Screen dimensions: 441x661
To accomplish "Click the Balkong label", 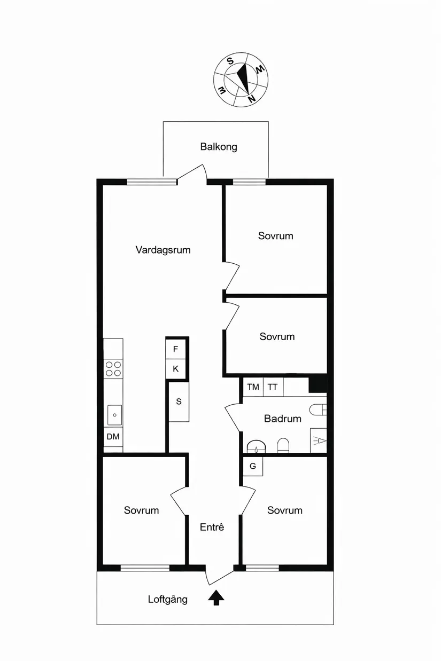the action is [x=219, y=147].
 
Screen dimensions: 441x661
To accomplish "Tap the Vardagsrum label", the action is [x=163, y=250].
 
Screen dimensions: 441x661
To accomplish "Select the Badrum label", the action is [x=283, y=419].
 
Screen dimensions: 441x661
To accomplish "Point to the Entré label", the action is [x=212, y=527].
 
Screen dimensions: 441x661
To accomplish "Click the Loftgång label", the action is [x=168, y=600].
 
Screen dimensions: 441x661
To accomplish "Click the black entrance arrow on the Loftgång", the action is [x=216, y=597].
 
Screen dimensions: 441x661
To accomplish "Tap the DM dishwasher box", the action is [x=113, y=437].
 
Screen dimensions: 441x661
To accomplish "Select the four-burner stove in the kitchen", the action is [x=113, y=369].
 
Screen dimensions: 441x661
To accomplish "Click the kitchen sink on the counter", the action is [x=114, y=415].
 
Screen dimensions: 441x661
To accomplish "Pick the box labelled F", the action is [x=175, y=349].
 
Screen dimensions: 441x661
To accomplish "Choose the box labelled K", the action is [x=175, y=369].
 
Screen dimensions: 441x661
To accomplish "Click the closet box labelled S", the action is [x=179, y=402].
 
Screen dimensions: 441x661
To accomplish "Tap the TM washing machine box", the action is [x=253, y=387].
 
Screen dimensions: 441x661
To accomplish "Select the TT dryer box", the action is [x=273, y=387].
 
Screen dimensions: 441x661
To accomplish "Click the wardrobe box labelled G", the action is [x=253, y=467].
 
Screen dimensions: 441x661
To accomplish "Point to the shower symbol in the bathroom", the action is [x=319, y=440].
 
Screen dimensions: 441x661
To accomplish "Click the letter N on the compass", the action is [x=252, y=99].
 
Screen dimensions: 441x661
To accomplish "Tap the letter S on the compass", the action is [x=230, y=61].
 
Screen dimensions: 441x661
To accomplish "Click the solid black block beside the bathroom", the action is [x=318, y=384].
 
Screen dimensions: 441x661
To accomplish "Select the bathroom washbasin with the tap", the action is [x=257, y=447].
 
